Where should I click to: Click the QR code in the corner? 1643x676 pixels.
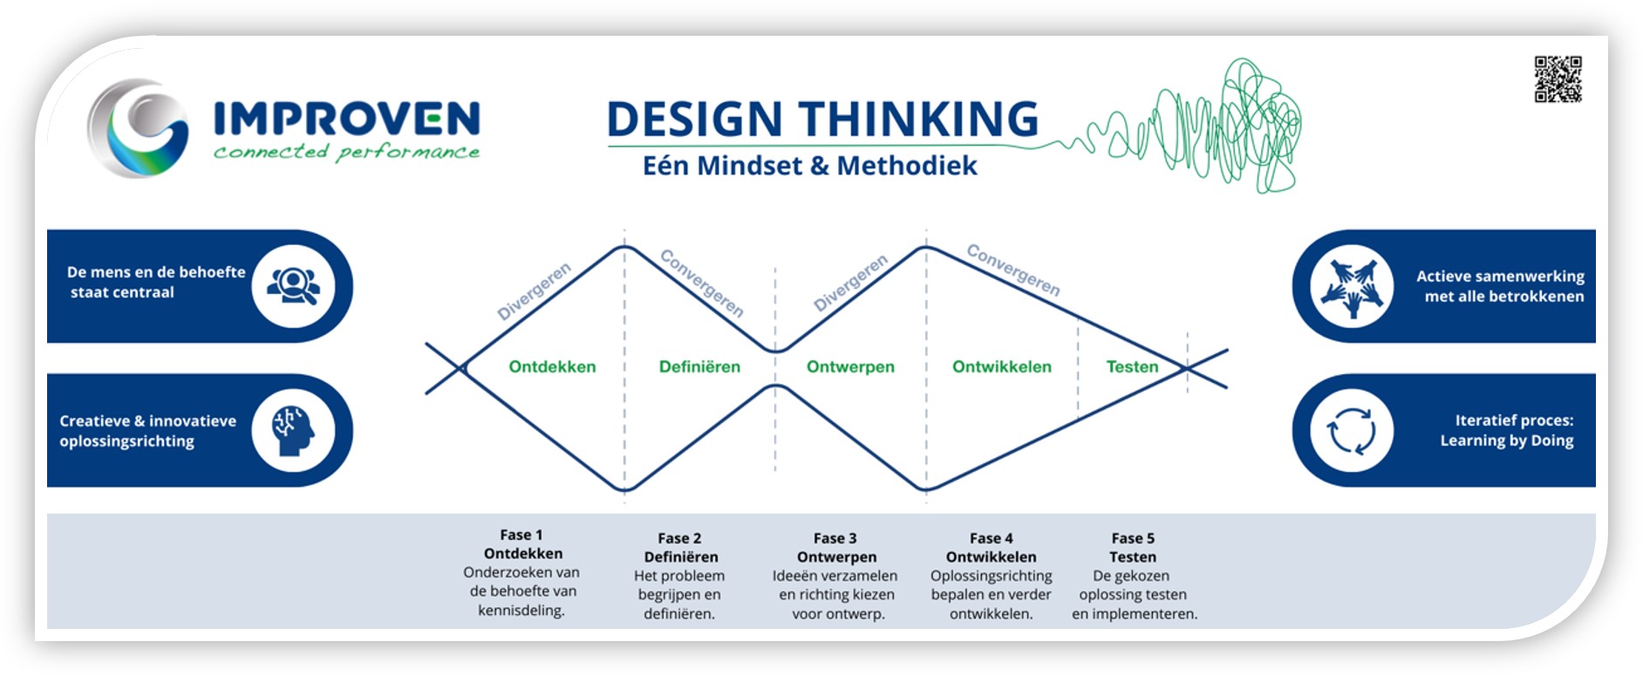[1558, 79]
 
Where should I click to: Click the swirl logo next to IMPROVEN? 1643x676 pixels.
[139, 128]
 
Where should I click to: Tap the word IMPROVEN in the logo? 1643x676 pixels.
[346, 119]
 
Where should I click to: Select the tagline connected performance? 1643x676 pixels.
[346, 153]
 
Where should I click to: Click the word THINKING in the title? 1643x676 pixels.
[918, 119]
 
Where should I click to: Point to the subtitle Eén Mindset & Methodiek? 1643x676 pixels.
[809, 166]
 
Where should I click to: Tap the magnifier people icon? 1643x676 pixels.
[293, 286]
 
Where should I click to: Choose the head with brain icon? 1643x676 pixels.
[293, 430]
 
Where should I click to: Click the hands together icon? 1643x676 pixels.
[1351, 287]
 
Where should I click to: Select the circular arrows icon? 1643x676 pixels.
[1351, 431]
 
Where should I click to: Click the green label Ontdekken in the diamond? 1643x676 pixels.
[552, 367]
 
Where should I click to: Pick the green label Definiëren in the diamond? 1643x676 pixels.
[699, 367]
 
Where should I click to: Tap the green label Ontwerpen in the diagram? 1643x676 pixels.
[850, 367]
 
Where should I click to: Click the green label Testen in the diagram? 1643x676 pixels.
[1132, 367]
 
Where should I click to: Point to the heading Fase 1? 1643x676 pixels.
[522, 535]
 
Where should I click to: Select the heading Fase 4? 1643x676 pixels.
[991, 538]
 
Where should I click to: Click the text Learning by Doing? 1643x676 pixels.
[1506, 440]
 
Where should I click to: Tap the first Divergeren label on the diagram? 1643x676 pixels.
[534, 291]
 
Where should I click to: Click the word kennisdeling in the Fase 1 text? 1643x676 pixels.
[521, 611]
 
